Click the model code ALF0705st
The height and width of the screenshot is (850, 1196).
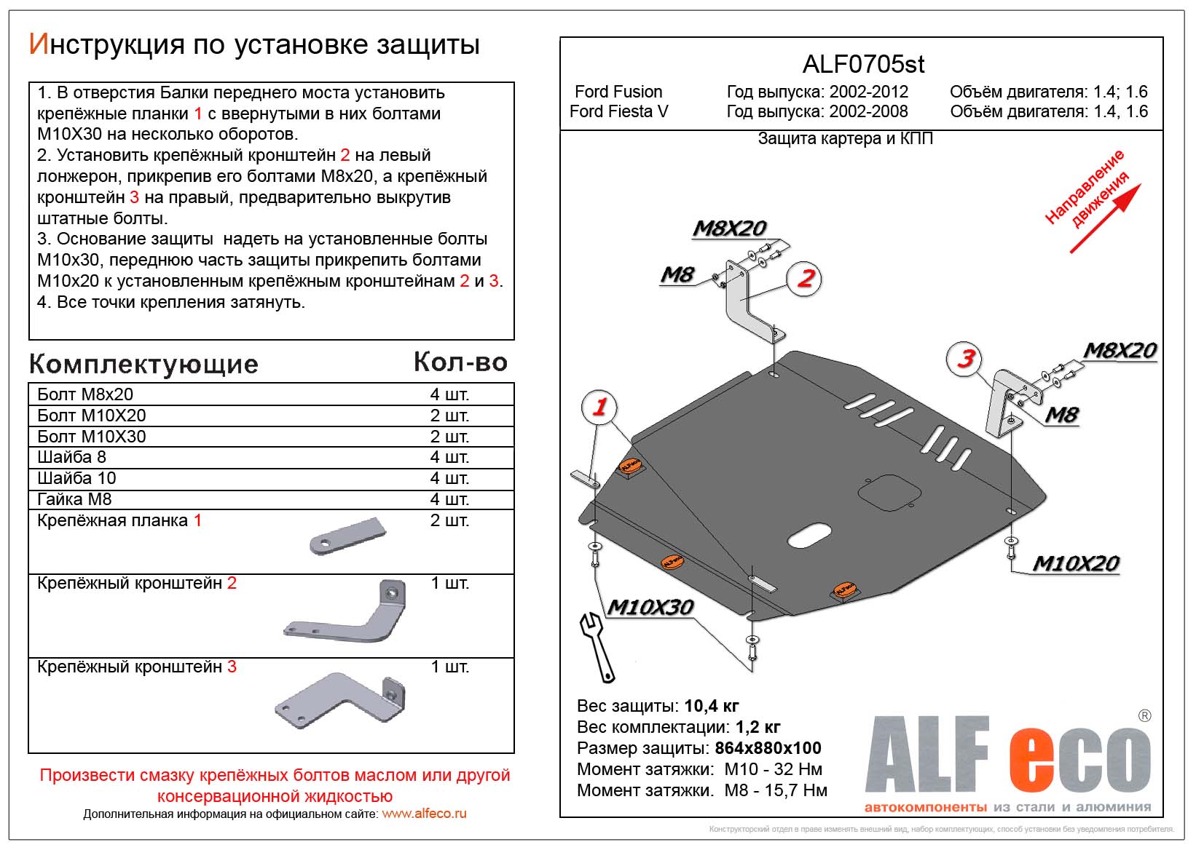(x=863, y=65)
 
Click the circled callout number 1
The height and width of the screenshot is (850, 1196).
(x=599, y=407)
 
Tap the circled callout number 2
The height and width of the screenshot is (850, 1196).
(x=805, y=278)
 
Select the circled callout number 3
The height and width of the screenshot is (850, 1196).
(x=965, y=358)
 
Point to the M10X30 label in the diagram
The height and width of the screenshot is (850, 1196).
(x=650, y=607)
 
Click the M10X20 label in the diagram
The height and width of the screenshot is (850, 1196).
(x=1076, y=563)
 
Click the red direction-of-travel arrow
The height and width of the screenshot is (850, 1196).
(x=1105, y=218)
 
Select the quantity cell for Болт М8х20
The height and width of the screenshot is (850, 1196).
(x=449, y=394)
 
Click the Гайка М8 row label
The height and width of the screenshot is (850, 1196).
(x=74, y=499)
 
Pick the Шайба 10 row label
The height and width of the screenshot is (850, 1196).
(x=76, y=478)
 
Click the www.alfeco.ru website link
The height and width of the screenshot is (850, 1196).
(x=424, y=814)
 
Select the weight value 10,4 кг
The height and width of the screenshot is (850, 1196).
(x=712, y=706)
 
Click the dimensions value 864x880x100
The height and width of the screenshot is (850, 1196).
(x=768, y=748)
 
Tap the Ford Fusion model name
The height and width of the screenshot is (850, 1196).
(x=618, y=92)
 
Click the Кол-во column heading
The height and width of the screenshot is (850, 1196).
(x=460, y=362)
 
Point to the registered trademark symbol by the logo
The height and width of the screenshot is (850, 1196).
(x=1145, y=716)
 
